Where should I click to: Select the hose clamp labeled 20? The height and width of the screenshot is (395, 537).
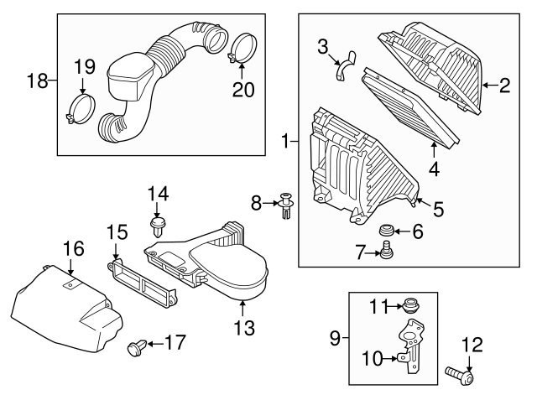242,46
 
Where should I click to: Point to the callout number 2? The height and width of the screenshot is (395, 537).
505,85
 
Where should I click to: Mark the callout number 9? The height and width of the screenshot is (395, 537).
335,338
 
